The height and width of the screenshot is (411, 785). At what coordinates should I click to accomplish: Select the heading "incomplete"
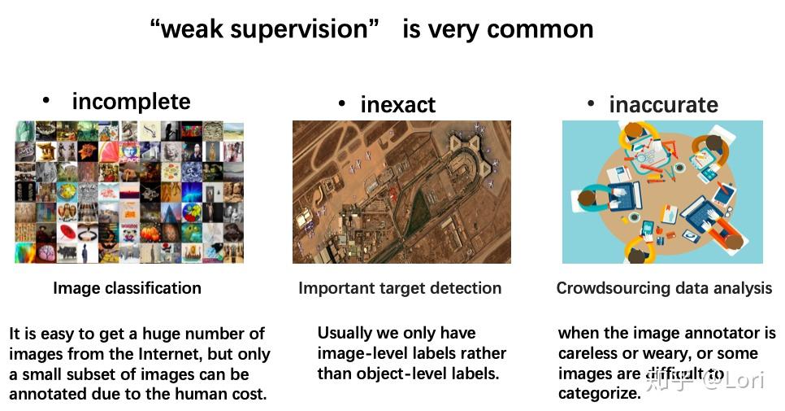point(131,102)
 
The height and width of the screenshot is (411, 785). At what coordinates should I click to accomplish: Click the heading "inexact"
point(398,105)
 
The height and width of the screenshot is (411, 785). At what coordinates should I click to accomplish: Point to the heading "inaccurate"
point(663,105)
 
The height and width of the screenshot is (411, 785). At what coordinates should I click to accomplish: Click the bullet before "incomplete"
point(46,100)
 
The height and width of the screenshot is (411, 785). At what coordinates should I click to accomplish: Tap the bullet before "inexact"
point(342,103)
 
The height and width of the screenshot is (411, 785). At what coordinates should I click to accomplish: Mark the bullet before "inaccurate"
point(591,103)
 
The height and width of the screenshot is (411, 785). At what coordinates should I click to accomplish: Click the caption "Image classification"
point(127,287)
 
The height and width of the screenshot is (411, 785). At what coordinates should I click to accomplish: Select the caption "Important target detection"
point(400,287)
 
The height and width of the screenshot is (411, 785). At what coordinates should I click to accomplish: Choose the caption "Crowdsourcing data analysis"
point(664,287)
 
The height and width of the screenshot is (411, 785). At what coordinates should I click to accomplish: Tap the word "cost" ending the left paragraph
point(249,395)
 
